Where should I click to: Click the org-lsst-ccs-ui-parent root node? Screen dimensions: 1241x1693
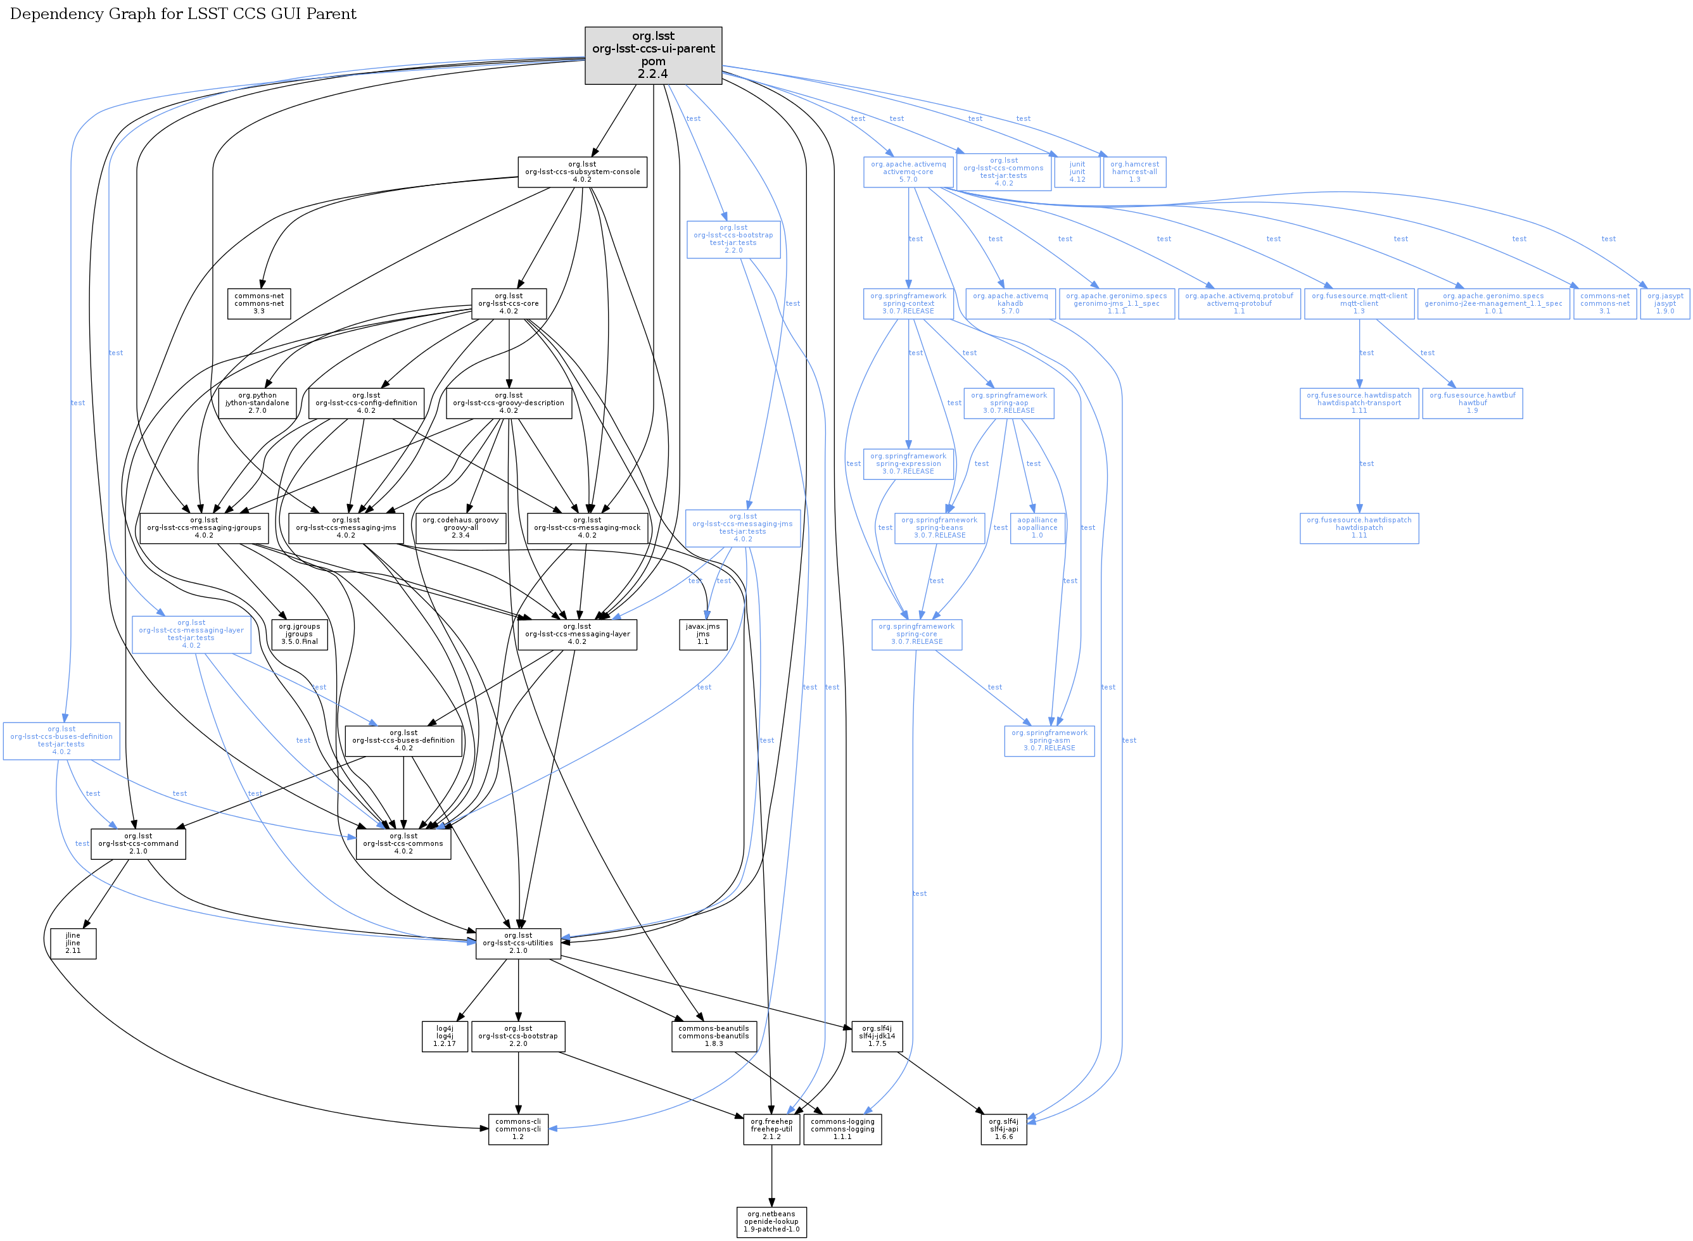[x=652, y=56]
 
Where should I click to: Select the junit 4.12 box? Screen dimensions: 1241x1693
[x=1077, y=172]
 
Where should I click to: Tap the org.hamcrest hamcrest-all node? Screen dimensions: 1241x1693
[x=1134, y=172]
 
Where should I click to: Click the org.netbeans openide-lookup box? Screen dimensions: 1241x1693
[x=771, y=1221]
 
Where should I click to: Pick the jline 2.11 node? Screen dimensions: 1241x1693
[x=73, y=943]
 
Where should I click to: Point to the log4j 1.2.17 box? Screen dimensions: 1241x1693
[x=444, y=1036]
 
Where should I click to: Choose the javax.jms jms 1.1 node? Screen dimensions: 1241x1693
[x=702, y=634]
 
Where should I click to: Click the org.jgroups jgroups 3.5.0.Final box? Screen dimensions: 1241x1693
[x=299, y=634]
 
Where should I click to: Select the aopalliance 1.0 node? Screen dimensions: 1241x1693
[x=1037, y=527]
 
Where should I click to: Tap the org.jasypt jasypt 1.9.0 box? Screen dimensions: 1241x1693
[x=1664, y=303]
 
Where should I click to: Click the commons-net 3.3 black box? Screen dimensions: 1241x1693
[x=259, y=303]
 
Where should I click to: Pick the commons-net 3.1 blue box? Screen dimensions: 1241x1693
[x=1604, y=303]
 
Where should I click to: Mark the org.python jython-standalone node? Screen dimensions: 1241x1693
[x=257, y=403]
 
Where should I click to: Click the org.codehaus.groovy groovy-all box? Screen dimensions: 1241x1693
[x=460, y=527]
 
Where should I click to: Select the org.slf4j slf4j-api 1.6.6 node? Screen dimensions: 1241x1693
[x=1003, y=1129]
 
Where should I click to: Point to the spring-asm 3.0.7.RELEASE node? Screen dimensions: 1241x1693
[x=1049, y=741]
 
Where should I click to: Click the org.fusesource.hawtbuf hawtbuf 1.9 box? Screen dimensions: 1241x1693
[x=1472, y=403]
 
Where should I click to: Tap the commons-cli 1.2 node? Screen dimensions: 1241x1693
[x=517, y=1129]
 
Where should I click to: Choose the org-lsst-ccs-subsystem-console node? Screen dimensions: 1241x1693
[x=581, y=172]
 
